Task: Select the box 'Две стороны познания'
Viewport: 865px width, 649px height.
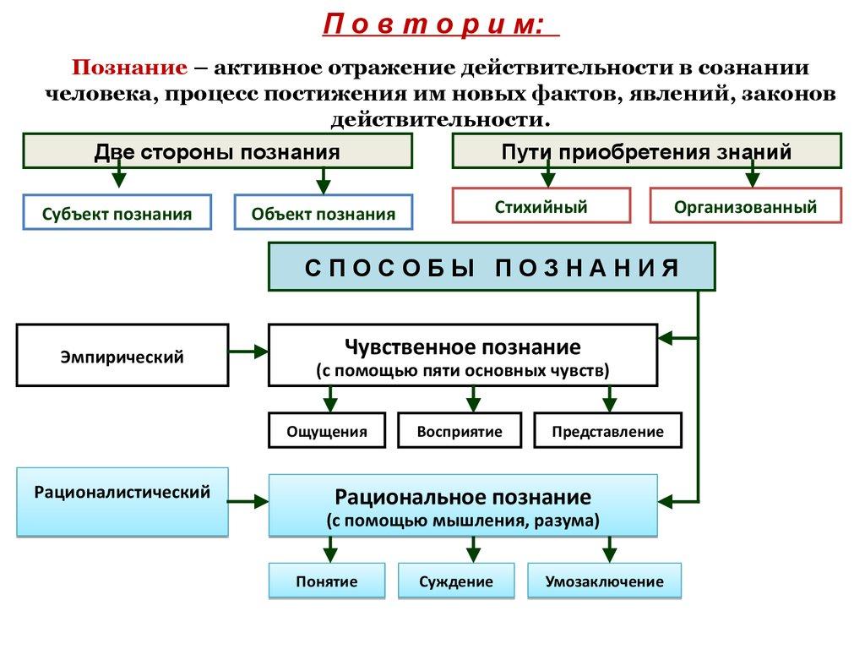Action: coord(217,151)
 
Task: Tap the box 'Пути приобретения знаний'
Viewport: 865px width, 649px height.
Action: coord(646,151)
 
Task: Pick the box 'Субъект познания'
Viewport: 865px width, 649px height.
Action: coord(117,214)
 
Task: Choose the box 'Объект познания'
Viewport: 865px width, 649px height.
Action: coord(323,214)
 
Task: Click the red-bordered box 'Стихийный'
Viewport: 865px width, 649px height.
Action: coord(541,206)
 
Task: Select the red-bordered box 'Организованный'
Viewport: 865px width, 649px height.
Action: coord(746,206)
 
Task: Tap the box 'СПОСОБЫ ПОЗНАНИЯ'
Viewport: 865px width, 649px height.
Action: coord(492,267)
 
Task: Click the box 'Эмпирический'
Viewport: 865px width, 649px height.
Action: coord(122,356)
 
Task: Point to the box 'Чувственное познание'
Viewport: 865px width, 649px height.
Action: coord(462,356)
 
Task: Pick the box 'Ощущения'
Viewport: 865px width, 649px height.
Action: coord(327,431)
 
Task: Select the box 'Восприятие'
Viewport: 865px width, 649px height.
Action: coord(460,431)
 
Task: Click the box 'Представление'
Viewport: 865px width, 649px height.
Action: coord(607,431)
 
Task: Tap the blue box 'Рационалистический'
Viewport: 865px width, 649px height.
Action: coord(122,501)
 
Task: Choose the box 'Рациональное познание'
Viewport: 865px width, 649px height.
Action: coord(462,505)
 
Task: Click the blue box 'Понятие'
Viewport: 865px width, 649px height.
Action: coord(327,581)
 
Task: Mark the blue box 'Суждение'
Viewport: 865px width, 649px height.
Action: coord(456,581)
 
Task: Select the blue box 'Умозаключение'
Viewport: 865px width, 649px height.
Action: coord(604,581)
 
